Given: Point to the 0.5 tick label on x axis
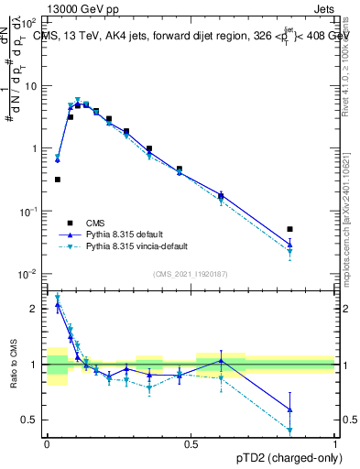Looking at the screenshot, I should (191, 442).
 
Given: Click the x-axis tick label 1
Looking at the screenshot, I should (335, 442).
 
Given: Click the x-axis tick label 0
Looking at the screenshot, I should (48, 442).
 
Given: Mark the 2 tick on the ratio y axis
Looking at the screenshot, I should (33, 309).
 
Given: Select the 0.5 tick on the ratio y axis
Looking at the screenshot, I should (30, 420).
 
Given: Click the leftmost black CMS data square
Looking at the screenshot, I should (58, 180).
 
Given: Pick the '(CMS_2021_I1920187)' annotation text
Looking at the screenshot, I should (191, 274).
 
